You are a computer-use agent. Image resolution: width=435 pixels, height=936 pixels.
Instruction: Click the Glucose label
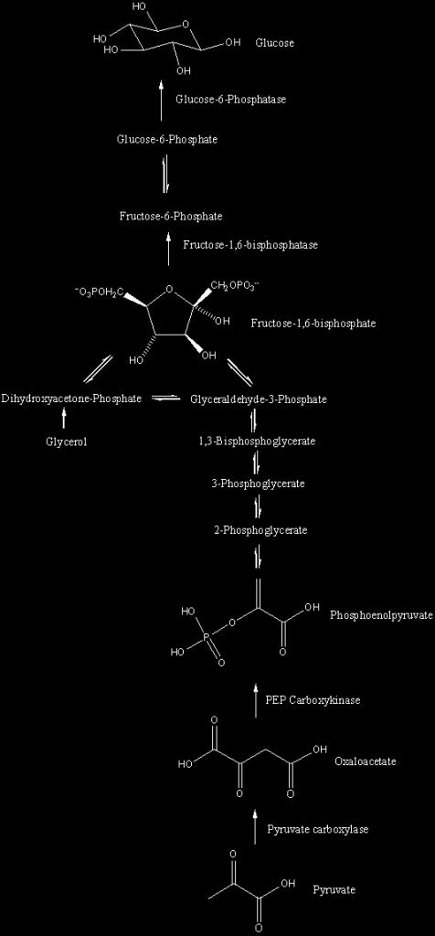[x=274, y=43]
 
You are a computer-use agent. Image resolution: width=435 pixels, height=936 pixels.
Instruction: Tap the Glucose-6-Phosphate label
[x=167, y=140]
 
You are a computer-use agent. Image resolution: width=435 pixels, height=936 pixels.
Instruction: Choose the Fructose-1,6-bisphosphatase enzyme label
[x=250, y=245]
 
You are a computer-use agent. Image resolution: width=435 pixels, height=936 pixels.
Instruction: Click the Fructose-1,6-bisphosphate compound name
[x=313, y=324]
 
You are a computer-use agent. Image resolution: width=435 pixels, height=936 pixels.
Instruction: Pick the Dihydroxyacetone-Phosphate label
[x=71, y=399]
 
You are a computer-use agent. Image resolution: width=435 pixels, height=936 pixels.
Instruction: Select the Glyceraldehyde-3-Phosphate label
[x=259, y=399]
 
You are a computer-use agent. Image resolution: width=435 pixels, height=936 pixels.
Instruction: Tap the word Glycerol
[x=62, y=442]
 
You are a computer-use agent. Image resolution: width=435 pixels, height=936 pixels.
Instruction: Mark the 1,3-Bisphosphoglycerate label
[x=257, y=441]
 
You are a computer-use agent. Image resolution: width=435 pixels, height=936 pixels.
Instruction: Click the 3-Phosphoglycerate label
[x=258, y=484]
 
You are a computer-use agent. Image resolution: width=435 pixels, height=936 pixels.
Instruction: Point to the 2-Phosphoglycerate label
[x=260, y=529]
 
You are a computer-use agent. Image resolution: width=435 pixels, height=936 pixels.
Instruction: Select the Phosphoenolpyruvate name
[x=381, y=615]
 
